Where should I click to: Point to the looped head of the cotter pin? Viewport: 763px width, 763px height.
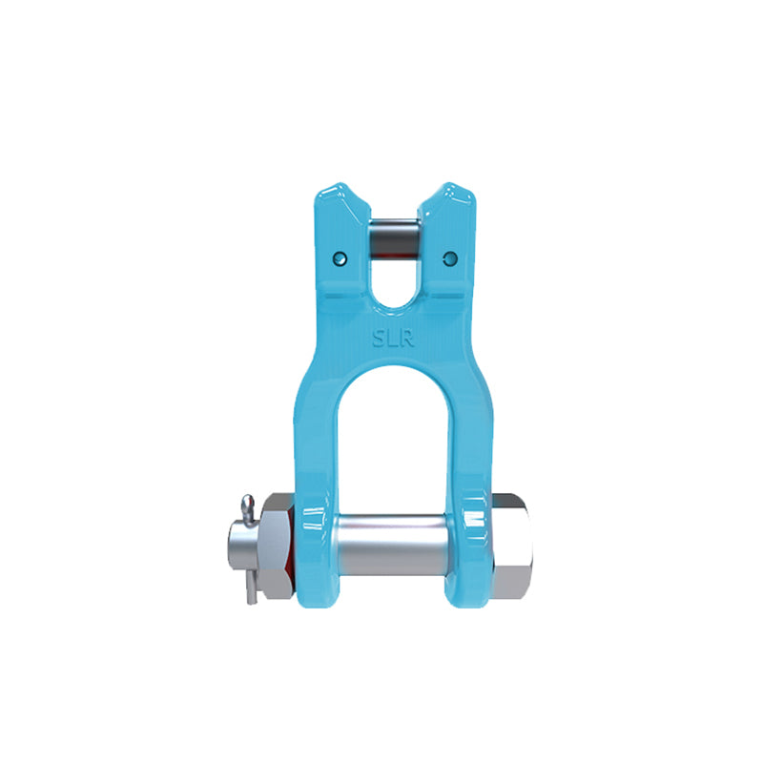[x=247, y=503]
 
